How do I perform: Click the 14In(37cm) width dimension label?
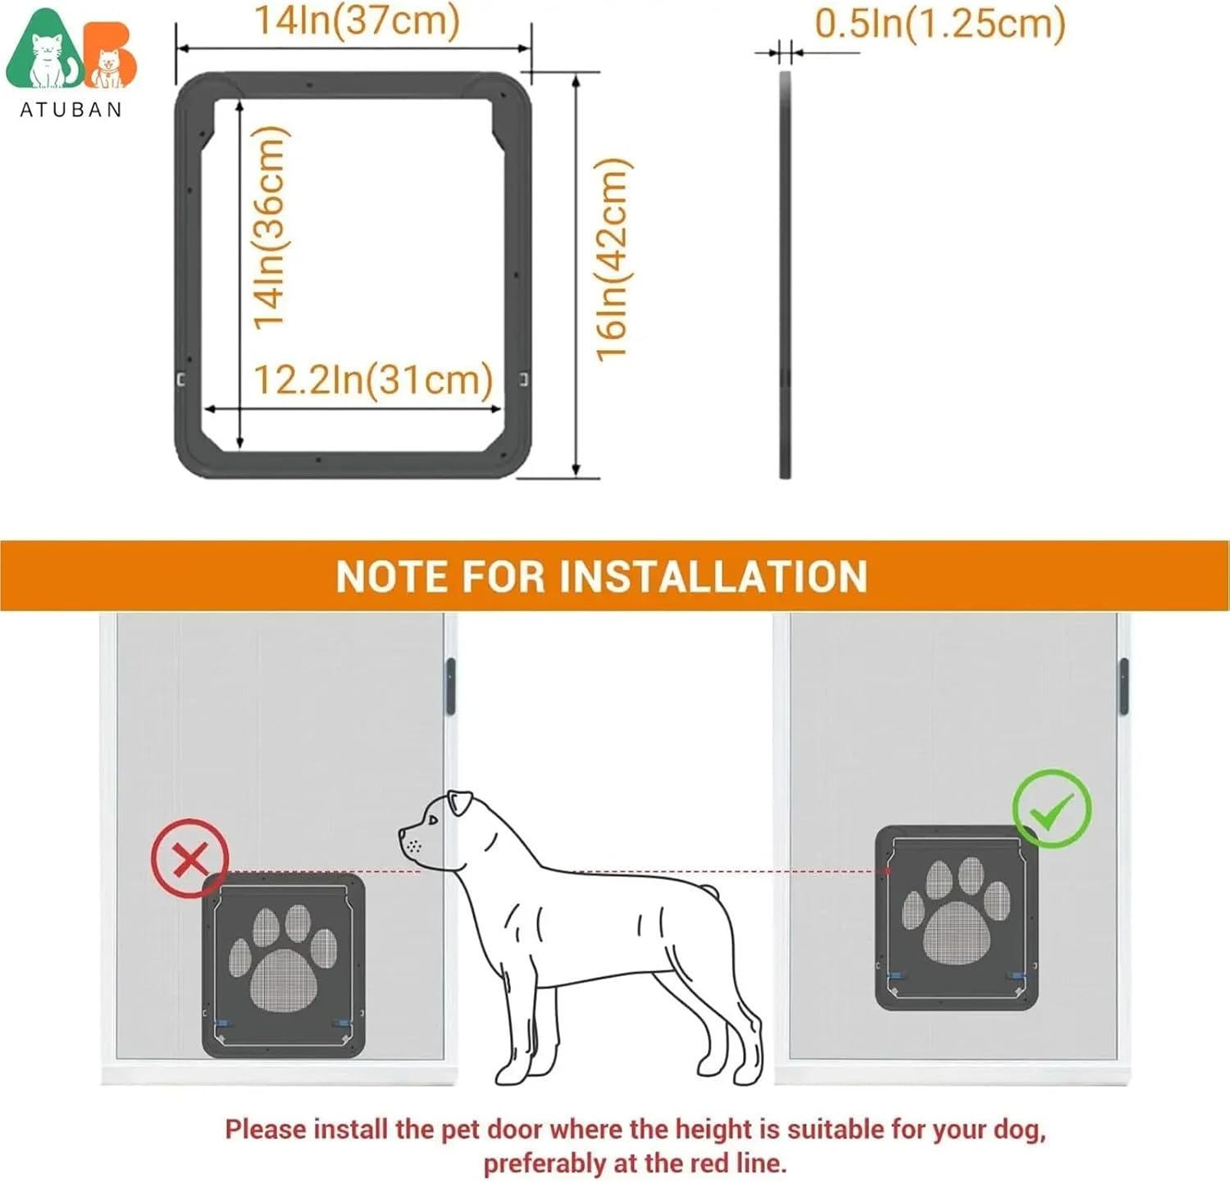[356, 20]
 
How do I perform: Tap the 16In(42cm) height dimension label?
[613, 259]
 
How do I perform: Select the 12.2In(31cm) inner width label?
[373, 379]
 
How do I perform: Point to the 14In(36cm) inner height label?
[270, 228]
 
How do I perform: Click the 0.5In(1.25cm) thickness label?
[940, 23]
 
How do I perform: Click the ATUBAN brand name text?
[71, 110]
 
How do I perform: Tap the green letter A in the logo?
[45, 53]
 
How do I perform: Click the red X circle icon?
[190, 859]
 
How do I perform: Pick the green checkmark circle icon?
[1052, 809]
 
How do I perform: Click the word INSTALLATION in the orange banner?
[713, 576]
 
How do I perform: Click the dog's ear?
[460, 802]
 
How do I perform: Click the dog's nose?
[402, 834]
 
